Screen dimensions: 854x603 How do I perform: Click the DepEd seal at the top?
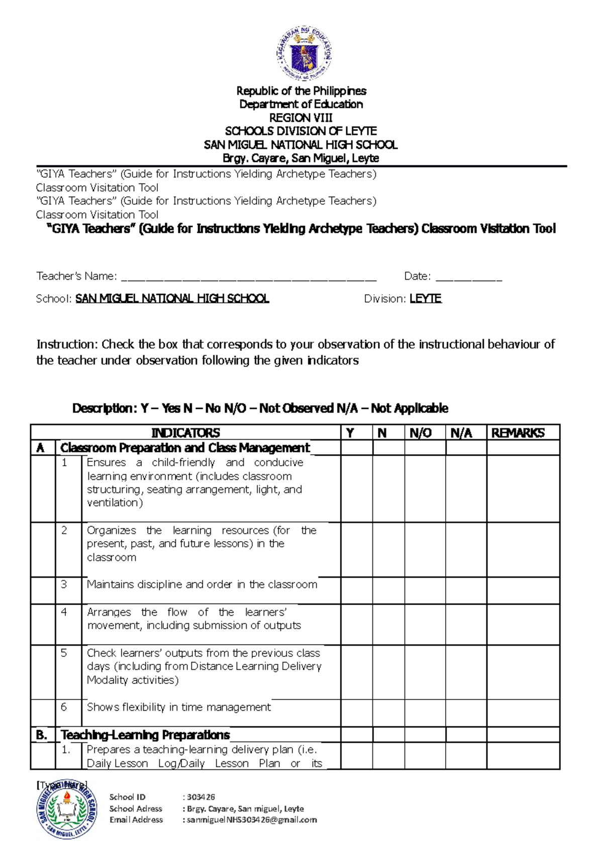tap(304, 54)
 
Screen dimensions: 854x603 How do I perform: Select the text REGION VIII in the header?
tap(300, 118)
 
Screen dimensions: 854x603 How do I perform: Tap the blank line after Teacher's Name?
tap(249, 277)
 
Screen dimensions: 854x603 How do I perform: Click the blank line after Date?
tap(468, 277)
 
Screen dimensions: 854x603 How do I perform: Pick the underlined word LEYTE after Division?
tap(426, 299)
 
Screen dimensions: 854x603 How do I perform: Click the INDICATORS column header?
tap(185, 433)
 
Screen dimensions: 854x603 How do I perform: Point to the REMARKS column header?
tap(518, 433)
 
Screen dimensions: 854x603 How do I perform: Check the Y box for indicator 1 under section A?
tap(357, 488)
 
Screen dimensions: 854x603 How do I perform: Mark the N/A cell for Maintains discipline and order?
tap(466, 590)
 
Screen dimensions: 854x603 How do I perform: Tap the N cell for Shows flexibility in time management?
tap(388, 713)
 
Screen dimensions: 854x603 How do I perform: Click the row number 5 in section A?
tap(64, 653)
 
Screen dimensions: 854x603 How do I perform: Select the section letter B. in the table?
tap(42, 735)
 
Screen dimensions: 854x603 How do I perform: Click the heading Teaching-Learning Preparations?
tap(145, 735)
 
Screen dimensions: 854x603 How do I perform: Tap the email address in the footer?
tap(252, 820)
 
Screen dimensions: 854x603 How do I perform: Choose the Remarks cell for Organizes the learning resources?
tap(523, 549)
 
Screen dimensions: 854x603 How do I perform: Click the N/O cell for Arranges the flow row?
tap(425, 624)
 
